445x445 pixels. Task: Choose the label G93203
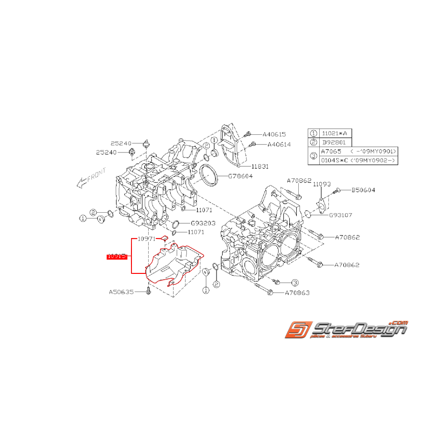coord(203,223)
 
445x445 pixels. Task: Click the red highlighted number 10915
coord(117,256)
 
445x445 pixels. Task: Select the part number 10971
coord(146,239)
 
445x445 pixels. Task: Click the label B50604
coord(363,190)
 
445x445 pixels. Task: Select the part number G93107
coord(340,215)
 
